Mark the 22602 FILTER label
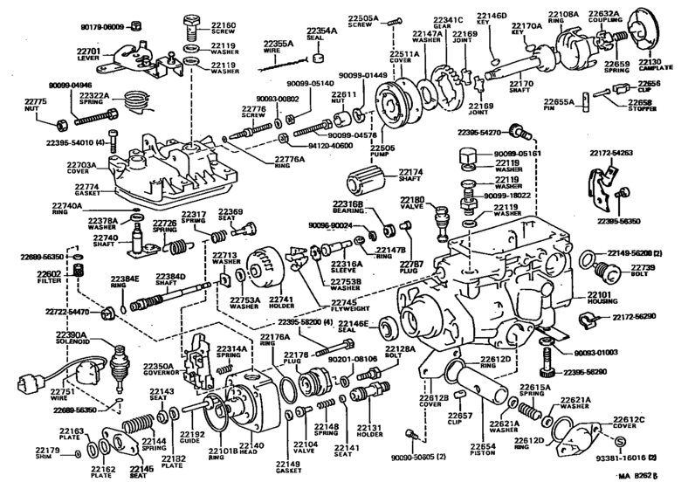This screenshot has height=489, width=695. click(x=49, y=279)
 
